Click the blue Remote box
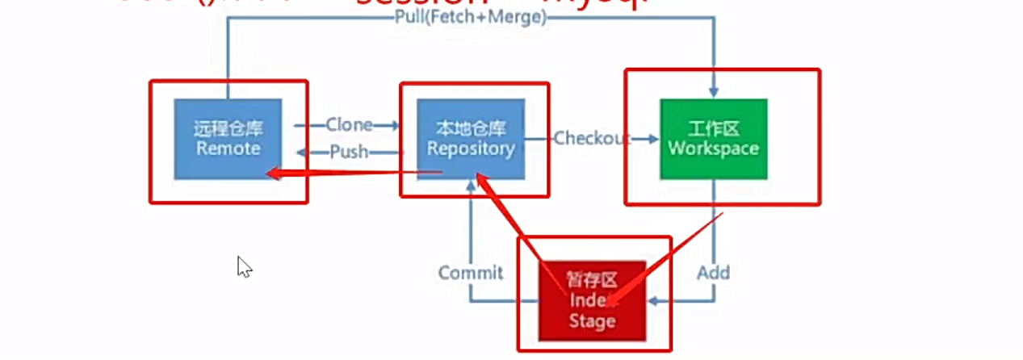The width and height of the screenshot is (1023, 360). pyautogui.click(x=228, y=138)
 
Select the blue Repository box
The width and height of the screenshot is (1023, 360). pyautogui.click(x=471, y=138)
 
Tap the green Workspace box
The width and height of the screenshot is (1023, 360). pyautogui.click(x=713, y=138)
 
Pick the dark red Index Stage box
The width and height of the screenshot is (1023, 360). pyautogui.click(x=592, y=299)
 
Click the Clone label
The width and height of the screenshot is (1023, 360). pyautogui.click(x=349, y=125)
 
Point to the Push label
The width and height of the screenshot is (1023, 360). pyautogui.click(x=349, y=152)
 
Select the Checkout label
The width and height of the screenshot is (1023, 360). pyautogui.click(x=592, y=138)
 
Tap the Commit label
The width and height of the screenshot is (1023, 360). pyautogui.click(x=471, y=273)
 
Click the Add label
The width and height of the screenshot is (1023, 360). pyautogui.click(x=713, y=273)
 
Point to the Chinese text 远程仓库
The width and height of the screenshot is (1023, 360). pyautogui.click(x=228, y=128)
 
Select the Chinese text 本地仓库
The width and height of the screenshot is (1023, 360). pyautogui.click(x=471, y=128)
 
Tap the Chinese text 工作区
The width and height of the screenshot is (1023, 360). pyautogui.click(x=713, y=128)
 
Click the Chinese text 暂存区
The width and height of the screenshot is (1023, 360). pyautogui.click(x=592, y=280)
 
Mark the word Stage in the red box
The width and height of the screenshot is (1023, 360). pyautogui.click(x=592, y=320)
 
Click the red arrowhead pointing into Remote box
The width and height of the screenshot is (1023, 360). pyautogui.click(x=275, y=173)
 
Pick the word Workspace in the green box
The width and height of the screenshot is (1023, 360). pyautogui.click(x=713, y=149)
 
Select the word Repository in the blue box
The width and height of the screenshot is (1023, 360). pyautogui.click(x=471, y=149)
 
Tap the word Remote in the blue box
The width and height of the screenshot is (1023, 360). pyautogui.click(x=228, y=149)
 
